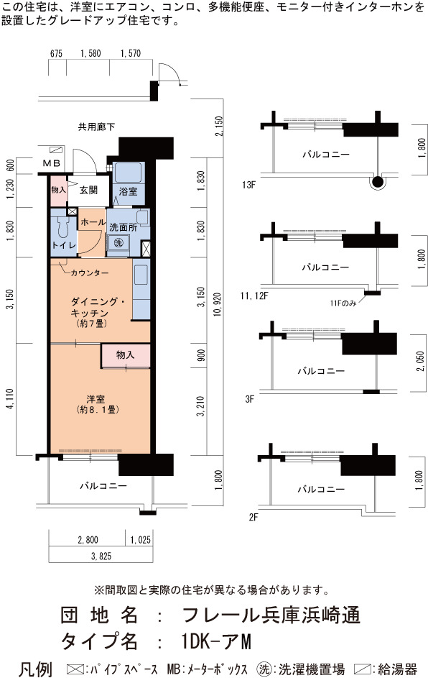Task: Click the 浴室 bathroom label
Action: pyautogui.click(x=128, y=191)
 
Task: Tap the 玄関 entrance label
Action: pyautogui.click(x=88, y=190)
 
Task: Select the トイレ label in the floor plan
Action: pyautogui.click(x=64, y=245)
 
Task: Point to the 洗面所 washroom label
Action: pyautogui.click(x=123, y=227)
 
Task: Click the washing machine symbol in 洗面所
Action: pyautogui.click(x=118, y=242)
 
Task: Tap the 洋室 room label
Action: pyautogui.click(x=96, y=398)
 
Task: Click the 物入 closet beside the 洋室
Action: pyautogui.click(x=125, y=355)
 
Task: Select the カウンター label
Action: pyautogui.click(x=89, y=272)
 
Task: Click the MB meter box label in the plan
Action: pyautogui.click(x=52, y=163)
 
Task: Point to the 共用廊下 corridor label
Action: pyautogui.click(x=96, y=127)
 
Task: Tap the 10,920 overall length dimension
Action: pyautogui.click(x=217, y=304)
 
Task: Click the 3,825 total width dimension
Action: pyautogui.click(x=101, y=556)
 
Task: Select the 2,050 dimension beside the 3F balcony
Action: pyautogui.click(x=421, y=361)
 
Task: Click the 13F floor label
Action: pyautogui.click(x=248, y=185)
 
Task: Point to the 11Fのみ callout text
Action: pyautogui.click(x=343, y=303)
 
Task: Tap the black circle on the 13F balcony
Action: pyautogui.click(x=378, y=183)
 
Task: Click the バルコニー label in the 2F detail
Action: pyautogui.click(x=321, y=489)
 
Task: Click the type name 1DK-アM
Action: pyautogui.click(x=216, y=641)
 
